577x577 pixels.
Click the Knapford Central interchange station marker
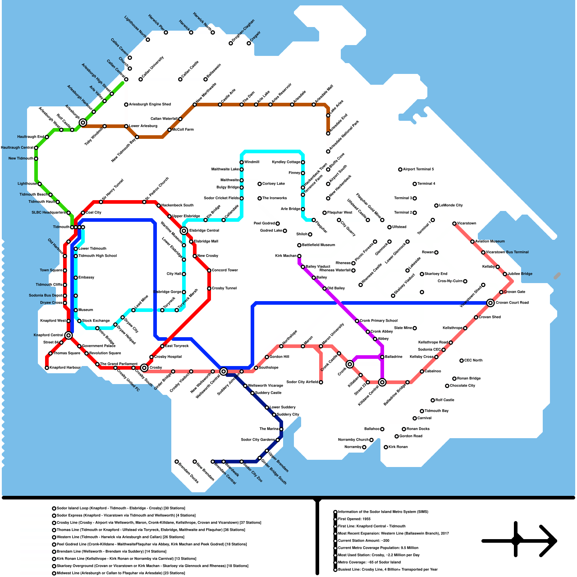[69, 335]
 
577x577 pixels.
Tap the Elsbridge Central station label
[204, 230]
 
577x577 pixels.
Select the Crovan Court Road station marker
[490, 303]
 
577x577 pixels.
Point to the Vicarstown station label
[466, 223]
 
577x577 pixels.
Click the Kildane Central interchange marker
[382, 382]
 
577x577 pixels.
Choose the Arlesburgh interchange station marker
[83, 123]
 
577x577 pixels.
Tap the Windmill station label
[252, 162]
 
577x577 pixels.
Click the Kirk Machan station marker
[299, 256]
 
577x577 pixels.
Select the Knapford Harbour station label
[65, 367]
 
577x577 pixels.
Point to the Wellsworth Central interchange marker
[224, 371]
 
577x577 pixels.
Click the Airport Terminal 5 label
[418, 169]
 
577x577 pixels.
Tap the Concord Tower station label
[225, 270]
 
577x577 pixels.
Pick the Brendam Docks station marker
[177, 462]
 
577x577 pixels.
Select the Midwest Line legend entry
[121, 573]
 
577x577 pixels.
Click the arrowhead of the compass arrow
[550, 541]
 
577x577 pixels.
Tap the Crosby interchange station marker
[144, 368]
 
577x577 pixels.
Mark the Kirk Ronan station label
[398, 447]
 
